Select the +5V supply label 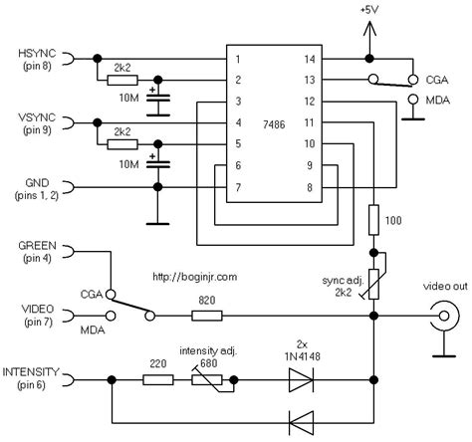coord(367,10)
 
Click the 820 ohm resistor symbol coord(205,317)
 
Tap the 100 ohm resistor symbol coord(374,219)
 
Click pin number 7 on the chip coord(239,186)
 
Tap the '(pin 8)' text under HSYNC coord(35,65)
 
